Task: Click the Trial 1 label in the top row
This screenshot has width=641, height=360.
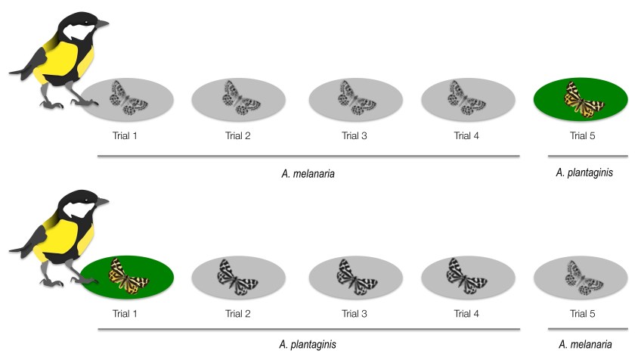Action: [127, 136]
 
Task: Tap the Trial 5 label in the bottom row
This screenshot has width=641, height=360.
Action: [582, 313]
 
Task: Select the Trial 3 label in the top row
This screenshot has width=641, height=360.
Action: [355, 136]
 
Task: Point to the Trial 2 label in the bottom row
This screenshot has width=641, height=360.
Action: [239, 313]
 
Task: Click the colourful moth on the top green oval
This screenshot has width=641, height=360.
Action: [582, 99]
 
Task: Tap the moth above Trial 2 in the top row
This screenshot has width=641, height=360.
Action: [239, 98]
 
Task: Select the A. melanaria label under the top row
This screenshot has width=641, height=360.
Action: [308, 173]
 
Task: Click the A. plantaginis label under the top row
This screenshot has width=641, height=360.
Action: [584, 173]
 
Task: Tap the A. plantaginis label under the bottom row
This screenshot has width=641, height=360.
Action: [308, 345]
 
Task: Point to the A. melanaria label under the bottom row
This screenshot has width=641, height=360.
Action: [585, 345]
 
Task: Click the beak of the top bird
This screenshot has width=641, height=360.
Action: [101, 24]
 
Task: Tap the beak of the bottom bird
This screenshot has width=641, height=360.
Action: [101, 202]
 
